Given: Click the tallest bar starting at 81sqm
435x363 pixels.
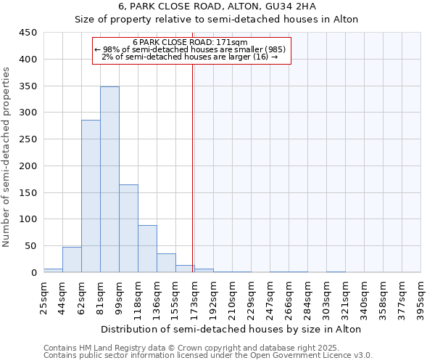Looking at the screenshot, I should [109, 179].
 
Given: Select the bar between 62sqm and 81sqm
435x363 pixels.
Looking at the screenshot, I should [91, 196].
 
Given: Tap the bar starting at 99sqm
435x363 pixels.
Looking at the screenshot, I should [128, 229].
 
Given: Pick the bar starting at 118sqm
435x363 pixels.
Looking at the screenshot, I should [147, 249].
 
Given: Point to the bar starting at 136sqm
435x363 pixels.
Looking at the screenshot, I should [166, 263].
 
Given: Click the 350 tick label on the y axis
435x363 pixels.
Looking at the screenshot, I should [28, 86].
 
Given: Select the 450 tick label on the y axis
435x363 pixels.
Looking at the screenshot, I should [28, 33].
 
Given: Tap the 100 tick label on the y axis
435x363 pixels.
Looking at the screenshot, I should [28, 219].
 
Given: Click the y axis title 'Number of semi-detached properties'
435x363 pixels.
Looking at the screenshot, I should [7, 157].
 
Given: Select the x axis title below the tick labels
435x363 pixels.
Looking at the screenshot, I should [232, 329].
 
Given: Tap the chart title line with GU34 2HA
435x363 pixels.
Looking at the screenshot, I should [217, 7].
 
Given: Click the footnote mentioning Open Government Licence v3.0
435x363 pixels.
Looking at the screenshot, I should [208, 355].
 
